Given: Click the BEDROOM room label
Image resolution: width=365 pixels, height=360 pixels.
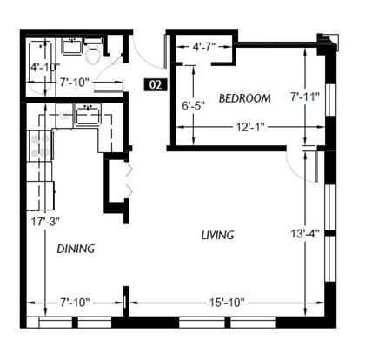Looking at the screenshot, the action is click(245, 98).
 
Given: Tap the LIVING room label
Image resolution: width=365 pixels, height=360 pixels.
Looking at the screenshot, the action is click(217, 235).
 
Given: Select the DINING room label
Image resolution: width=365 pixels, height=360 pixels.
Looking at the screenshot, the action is click(76, 249).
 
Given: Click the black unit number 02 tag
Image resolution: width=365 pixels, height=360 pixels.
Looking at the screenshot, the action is click(156, 84).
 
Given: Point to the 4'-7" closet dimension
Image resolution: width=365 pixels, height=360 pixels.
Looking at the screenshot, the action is click(204, 46).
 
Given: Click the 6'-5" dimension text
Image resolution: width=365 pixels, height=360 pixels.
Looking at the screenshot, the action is click(193, 106).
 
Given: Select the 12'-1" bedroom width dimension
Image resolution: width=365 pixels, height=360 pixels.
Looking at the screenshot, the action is click(250, 127).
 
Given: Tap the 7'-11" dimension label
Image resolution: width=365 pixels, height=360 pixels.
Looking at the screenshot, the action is click(305, 97).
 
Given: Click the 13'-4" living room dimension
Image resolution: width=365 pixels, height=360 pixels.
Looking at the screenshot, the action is click(305, 233).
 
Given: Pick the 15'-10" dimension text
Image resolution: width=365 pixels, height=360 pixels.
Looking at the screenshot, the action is click(227, 303).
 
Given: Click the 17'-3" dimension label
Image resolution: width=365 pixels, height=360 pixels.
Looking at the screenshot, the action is click(45, 222).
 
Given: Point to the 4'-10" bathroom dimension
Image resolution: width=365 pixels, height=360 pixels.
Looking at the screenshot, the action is click(45, 67).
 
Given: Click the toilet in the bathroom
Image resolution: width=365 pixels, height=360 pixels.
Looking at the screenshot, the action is click(93, 54).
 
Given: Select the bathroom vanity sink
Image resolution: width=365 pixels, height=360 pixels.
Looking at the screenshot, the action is click(71, 46).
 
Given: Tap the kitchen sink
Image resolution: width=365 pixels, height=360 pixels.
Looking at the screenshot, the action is click(88, 115).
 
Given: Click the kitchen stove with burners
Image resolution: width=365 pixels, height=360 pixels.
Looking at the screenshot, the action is click(41, 145).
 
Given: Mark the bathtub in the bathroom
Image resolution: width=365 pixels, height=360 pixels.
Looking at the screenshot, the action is click(41, 67).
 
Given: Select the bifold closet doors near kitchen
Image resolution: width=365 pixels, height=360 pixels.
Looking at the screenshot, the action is click(129, 180).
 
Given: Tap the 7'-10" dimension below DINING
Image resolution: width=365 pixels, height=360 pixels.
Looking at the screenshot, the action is click(75, 303).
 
